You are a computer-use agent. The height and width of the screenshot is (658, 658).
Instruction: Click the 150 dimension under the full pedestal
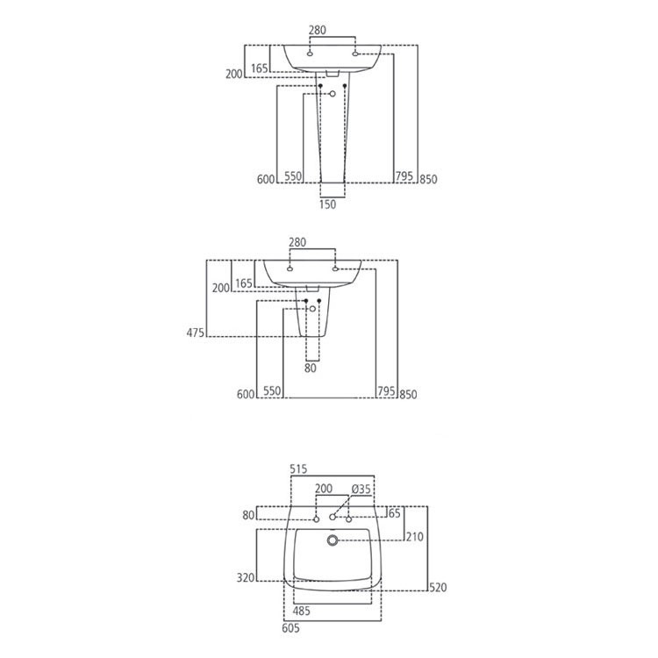(x=327, y=204)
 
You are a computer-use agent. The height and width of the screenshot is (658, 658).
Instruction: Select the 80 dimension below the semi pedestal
(x=310, y=369)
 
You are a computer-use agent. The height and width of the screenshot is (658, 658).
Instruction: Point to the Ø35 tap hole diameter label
(x=360, y=488)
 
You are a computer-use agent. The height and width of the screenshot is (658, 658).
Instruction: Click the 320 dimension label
(x=245, y=577)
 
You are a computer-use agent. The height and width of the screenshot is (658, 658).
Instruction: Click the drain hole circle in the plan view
(x=333, y=540)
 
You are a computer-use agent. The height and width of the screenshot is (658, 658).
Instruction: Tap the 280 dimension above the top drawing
(x=318, y=30)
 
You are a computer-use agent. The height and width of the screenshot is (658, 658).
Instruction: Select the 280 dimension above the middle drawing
(x=297, y=242)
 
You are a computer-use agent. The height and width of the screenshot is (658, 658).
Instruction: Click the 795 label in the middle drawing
(x=384, y=394)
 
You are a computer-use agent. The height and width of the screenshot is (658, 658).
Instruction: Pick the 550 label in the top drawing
(x=293, y=176)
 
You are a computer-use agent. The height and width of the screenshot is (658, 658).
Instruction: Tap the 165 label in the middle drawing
(x=243, y=283)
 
